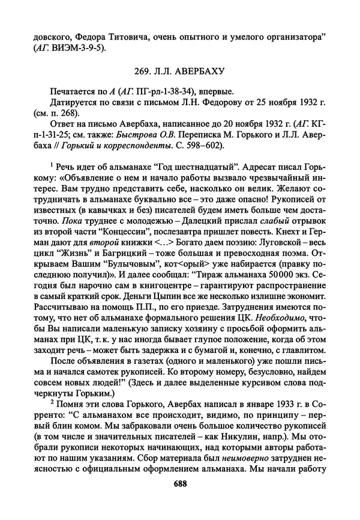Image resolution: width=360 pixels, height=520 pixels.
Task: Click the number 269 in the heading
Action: tap(139, 71)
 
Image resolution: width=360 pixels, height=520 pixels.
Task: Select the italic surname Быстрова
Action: tap(142, 144)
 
